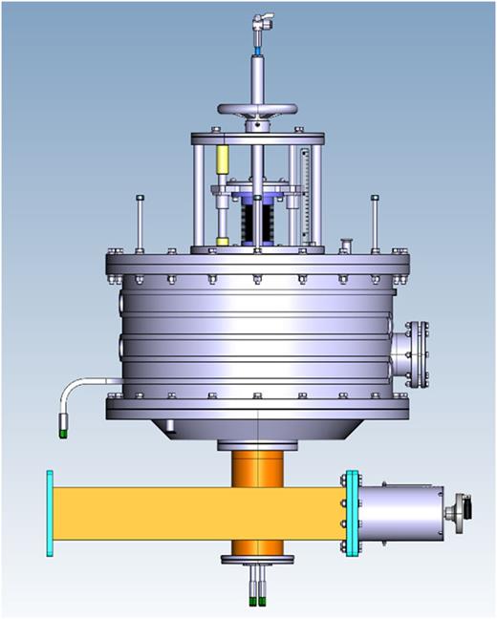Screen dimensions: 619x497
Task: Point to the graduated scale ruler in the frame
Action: pyautogui.click(x=306, y=191)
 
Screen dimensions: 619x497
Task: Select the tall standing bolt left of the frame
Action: pyautogui.click(x=140, y=220)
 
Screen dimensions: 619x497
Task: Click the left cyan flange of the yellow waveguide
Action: pyautogui.click(x=48, y=514)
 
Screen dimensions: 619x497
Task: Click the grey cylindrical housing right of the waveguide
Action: pyautogui.click(x=401, y=514)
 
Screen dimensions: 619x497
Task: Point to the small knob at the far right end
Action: pyautogui.click(x=465, y=507)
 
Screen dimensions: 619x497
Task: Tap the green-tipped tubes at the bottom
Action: pyautogui.click(x=258, y=597)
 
